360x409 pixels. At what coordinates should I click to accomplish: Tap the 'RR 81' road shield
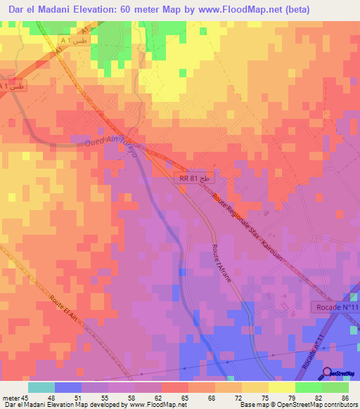click(x=193, y=180)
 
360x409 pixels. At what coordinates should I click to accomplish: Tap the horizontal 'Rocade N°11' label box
click(x=335, y=308)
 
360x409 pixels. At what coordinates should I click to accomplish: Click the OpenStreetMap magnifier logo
click(x=328, y=373)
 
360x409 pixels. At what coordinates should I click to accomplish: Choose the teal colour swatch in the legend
click(x=41, y=387)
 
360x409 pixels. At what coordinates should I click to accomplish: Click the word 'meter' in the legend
click(x=11, y=397)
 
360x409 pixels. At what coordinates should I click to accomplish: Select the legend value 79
click(x=292, y=397)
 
